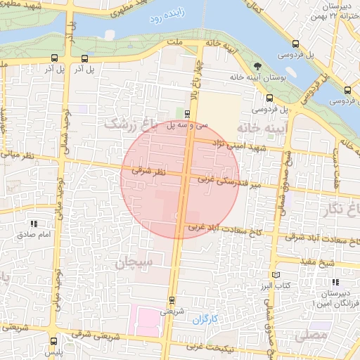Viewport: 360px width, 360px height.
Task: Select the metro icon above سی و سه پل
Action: (x=187, y=112)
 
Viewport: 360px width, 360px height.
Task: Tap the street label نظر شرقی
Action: (x=148, y=171)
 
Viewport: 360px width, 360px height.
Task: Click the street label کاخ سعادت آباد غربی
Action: (x=215, y=229)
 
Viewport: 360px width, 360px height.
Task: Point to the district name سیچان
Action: (x=134, y=264)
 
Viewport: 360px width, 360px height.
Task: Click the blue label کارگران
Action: (x=205, y=320)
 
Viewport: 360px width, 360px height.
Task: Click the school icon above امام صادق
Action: (x=34, y=223)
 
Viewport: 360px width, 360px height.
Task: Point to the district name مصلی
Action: (x=310, y=336)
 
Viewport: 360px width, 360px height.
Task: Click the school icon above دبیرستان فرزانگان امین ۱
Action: (x=344, y=272)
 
